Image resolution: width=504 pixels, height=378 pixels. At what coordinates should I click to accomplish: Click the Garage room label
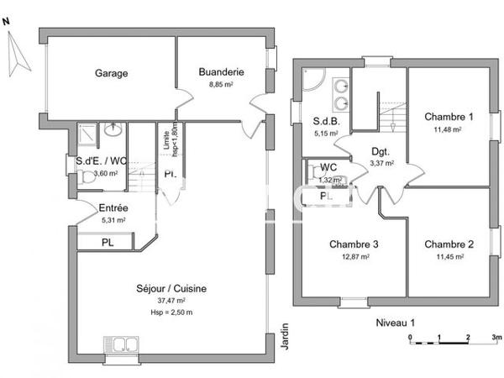tap(111, 73)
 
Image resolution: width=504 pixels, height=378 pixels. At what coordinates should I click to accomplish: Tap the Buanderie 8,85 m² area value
tap(221, 84)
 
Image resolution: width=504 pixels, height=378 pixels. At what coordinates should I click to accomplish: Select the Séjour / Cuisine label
tap(171, 289)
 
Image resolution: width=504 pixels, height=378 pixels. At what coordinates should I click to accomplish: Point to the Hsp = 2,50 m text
tap(171, 312)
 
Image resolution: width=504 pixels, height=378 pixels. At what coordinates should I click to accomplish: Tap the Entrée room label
tap(113, 208)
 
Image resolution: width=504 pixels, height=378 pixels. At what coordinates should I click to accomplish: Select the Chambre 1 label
tap(449, 117)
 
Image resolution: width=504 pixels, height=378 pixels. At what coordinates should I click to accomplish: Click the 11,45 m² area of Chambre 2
tap(448, 257)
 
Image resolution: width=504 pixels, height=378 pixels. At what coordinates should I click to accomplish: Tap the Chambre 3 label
tap(353, 244)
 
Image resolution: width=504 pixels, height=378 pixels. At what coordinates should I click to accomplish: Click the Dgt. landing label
tap(381, 152)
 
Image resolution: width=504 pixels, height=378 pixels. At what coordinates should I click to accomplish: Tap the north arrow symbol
tap(14, 55)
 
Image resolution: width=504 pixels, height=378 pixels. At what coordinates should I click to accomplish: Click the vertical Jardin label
tap(284, 336)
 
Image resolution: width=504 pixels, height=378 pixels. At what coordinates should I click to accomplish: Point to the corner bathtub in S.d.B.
tap(312, 81)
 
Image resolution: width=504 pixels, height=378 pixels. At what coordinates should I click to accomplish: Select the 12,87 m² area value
tap(353, 257)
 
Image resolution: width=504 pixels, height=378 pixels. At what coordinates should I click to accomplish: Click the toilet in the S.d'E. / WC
tap(87, 178)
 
